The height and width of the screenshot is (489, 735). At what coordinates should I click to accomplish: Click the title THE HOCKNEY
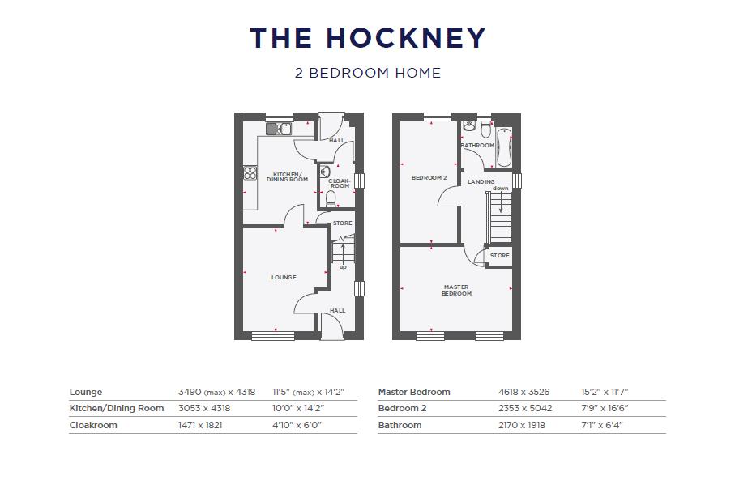pyautogui.click(x=367, y=38)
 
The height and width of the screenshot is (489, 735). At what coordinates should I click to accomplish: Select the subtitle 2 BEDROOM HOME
pyautogui.click(x=367, y=73)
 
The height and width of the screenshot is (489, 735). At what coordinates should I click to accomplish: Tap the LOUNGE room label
pyautogui.click(x=284, y=278)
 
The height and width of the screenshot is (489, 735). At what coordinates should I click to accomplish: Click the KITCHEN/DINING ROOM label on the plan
pyautogui.click(x=288, y=177)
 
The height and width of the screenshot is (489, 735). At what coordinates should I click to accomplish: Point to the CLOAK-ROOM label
pyautogui.click(x=340, y=183)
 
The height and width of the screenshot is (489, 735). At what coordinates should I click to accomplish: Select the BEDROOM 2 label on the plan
pyautogui.click(x=429, y=178)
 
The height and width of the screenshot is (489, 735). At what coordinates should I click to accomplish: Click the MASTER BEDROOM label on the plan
pyautogui.click(x=456, y=290)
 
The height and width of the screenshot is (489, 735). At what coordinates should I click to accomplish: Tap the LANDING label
pyautogui.click(x=481, y=182)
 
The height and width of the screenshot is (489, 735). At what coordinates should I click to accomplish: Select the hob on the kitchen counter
pyautogui.click(x=250, y=173)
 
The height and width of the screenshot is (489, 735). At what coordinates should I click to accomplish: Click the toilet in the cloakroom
pyautogui.click(x=331, y=198)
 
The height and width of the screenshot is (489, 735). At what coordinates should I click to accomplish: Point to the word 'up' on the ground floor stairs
pyautogui.click(x=343, y=266)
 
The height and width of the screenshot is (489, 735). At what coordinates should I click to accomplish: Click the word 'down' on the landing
pyautogui.click(x=500, y=189)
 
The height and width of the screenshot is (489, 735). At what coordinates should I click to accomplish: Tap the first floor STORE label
pyautogui.click(x=500, y=256)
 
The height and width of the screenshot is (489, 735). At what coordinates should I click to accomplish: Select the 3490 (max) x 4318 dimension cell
pyautogui.click(x=216, y=392)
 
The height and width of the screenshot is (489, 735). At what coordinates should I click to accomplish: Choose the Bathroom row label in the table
pyautogui.click(x=400, y=425)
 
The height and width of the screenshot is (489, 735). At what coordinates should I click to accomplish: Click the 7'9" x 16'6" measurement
pyautogui.click(x=605, y=409)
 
